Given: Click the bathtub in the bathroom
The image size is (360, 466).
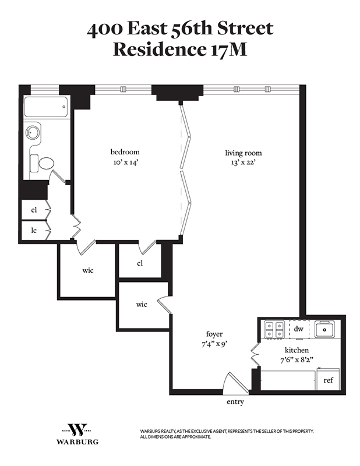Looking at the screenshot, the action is point(46,107).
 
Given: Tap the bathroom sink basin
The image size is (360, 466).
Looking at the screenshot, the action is point(32,133).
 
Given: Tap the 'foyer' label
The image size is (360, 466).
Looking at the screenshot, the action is point(214,334).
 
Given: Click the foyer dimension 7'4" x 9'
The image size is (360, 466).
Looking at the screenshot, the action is point(214,344).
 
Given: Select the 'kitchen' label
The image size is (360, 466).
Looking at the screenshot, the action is point(296,350).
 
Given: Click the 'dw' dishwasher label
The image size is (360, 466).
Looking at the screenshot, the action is point(298,329).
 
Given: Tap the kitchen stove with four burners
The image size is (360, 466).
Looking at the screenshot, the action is point(274,330).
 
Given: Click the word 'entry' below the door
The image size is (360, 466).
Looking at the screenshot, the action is point(235,402).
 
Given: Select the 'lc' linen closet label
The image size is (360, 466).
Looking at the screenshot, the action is point(34,230).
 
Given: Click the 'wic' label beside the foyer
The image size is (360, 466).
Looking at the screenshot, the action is point(142,305).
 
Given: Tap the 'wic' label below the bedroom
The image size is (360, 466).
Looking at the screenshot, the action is point(88,270).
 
